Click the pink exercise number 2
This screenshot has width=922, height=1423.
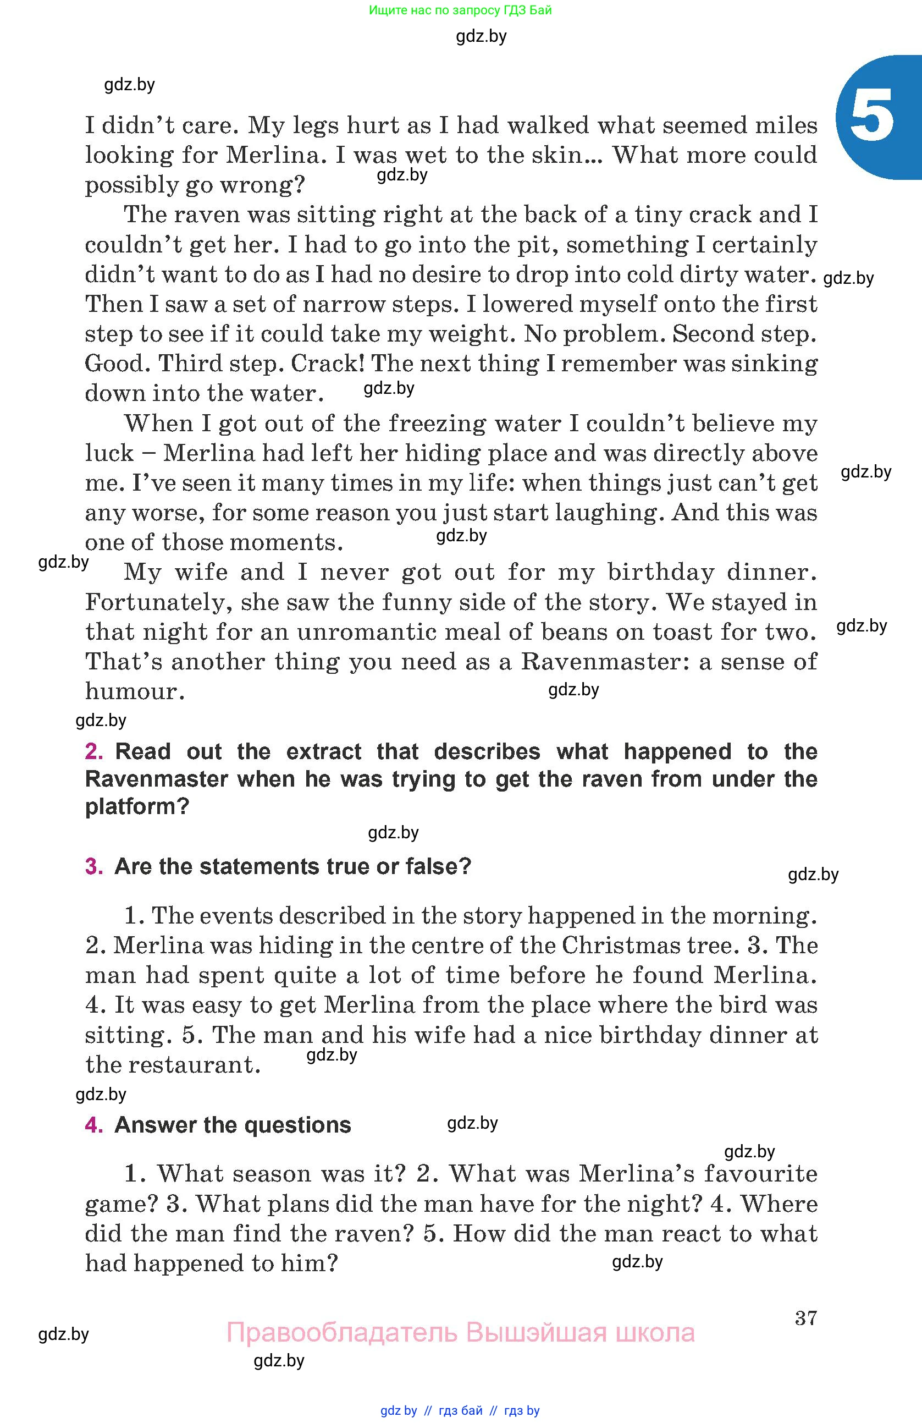click(94, 751)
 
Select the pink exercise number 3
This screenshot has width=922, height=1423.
click(94, 866)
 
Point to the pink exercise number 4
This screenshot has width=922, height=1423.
click(94, 1125)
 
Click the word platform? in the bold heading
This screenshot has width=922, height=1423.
click(137, 806)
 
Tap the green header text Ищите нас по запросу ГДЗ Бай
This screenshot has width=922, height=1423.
click(460, 10)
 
